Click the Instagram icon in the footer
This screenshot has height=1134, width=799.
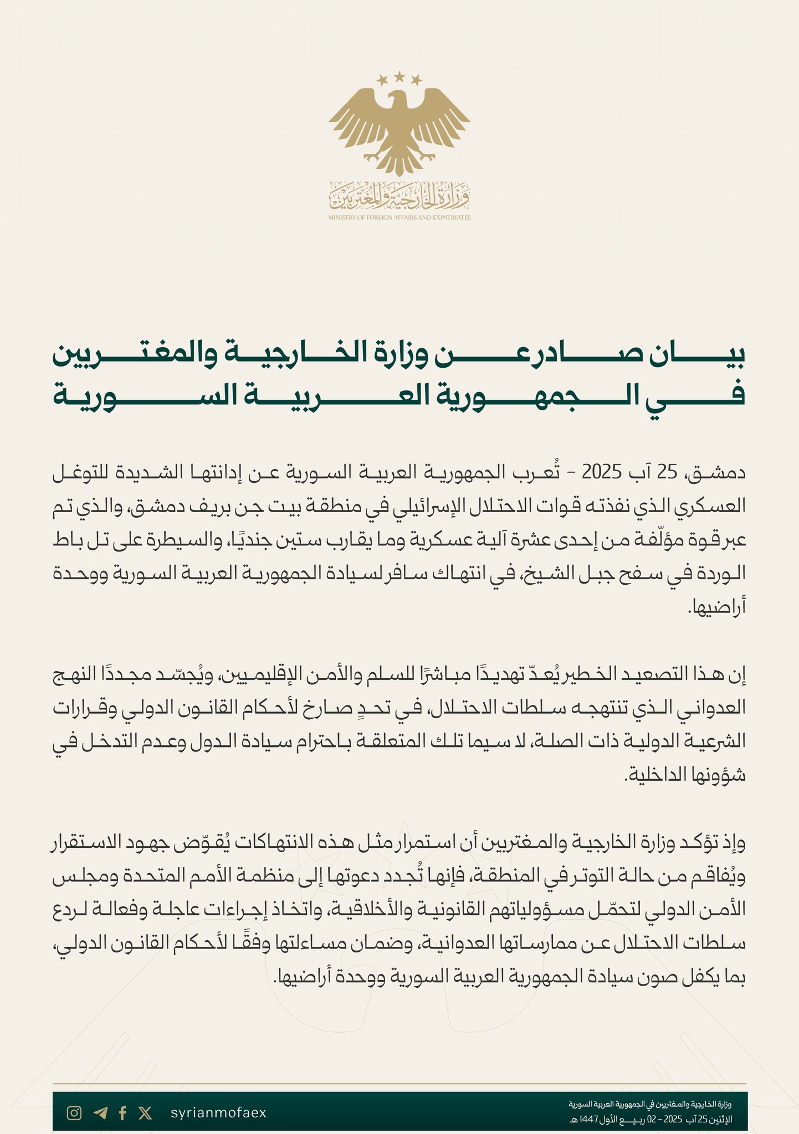tap(74, 1113)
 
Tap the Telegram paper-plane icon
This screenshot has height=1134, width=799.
tap(100, 1113)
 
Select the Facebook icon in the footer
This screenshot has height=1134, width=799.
tap(123, 1113)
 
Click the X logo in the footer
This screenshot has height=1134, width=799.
tap(145, 1113)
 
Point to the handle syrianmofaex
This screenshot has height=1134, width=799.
tap(218, 1113)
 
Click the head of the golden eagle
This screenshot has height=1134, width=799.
tap(397, 100)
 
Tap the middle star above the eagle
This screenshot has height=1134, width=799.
tap(399, 76)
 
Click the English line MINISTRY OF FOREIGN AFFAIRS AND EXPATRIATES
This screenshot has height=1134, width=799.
tap(399, 218)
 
